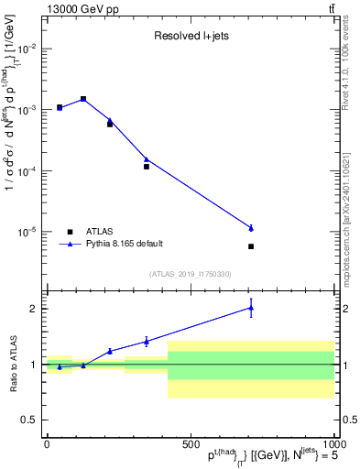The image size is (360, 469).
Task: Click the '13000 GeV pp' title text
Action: click(x=81, y=8)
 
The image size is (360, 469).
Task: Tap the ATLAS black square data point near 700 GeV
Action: click(x=251, y=246)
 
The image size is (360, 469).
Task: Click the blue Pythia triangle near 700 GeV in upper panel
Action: click(x=251, y=227)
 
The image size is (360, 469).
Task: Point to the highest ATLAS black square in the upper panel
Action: click(x=83, y=99)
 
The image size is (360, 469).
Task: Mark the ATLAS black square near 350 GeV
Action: click(x=147, y=167)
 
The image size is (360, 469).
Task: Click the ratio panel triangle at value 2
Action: click(x=251, y=308)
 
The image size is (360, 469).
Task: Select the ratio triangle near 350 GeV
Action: click(x=147, y=342)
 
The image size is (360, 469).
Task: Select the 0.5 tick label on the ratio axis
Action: click(x=29, y=420)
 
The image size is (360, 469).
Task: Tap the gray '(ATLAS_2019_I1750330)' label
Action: click(x=191, y=274)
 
